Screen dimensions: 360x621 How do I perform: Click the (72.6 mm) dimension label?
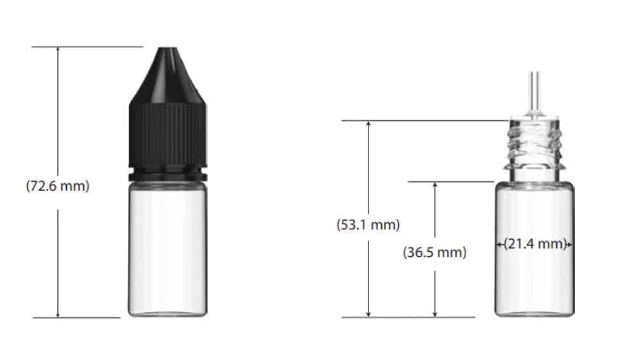(x=58, y=187)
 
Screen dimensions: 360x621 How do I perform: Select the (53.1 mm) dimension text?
(x=368, y=225)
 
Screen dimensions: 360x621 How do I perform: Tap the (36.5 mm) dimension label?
(x=435, y=252)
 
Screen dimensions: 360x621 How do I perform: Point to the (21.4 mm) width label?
(x=534, y=244)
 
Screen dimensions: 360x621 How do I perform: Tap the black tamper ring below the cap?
(x=167, y=173)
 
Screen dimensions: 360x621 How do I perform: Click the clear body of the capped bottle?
(x=167, y=245)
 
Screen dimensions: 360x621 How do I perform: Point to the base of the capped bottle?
(x=167, y=313)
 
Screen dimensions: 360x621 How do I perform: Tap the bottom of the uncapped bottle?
(x=534, y=313)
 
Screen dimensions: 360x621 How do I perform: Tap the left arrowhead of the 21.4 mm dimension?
(x=498, y=244)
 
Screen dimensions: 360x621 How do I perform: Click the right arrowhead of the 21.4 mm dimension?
(x=571, y=244)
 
